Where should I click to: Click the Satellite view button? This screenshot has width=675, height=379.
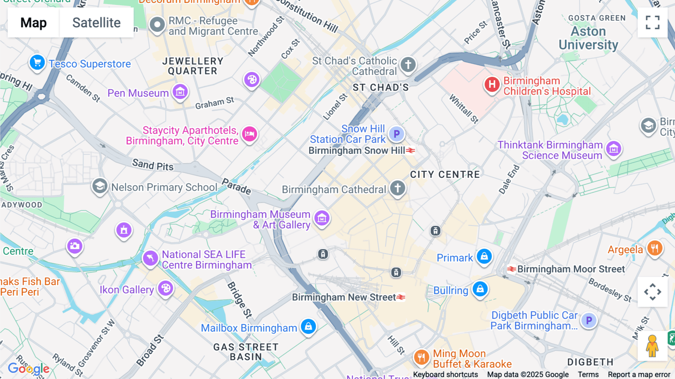[96, 23]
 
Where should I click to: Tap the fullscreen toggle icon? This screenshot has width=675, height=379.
[652, 23]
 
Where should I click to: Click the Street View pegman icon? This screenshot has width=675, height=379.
[652, 346]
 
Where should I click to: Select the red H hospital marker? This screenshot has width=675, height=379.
[492, 84]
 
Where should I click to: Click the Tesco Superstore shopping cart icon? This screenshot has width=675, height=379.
[37, 63]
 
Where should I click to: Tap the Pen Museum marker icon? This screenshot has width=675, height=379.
[180, 92]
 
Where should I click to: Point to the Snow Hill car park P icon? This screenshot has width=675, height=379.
[396, 134]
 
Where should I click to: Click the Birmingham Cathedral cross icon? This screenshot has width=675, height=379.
[397, 188]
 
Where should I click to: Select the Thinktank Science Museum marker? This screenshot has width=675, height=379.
[613, 149]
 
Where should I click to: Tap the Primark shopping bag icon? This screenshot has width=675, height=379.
[484, 256]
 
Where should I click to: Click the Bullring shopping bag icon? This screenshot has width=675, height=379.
[480, 289]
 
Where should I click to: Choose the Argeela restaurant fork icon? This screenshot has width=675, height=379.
[655, 248]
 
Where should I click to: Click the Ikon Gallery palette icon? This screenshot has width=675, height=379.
[165, 289]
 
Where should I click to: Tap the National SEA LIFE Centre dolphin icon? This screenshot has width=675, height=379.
[150, 258]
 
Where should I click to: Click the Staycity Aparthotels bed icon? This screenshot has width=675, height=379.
[249, 134]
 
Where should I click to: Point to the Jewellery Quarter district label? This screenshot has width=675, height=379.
[193, 66]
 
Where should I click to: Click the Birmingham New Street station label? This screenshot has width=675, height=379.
[344, 297]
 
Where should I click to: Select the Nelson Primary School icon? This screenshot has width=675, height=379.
[100, 186]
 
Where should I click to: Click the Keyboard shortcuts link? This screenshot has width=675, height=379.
[445, 374]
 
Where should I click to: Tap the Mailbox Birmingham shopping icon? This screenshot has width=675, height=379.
[308, 326]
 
